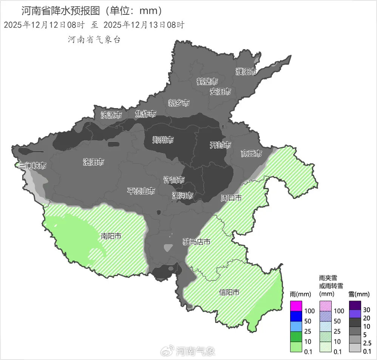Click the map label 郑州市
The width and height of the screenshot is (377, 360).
pyautogui.click(x=163, y=140)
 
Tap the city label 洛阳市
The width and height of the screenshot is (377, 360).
pyautogui.click(x=93, y=162)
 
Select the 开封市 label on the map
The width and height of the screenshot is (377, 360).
pyautogui.click(x=220, y=145)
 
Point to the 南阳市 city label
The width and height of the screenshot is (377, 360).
pyautogui.click(x=111, y=236)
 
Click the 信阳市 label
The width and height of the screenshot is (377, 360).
pyautogui.click(x=229, y=292)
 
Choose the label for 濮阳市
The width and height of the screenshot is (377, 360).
pyautogui.click(x=246, y=71)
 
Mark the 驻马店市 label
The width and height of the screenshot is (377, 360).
pyautogui.click(x=196, y=242)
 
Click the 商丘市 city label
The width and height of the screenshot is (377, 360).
pyautogui.click(x=252, y=154)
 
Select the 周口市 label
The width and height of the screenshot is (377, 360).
pyautogui.click(x=231, y=198)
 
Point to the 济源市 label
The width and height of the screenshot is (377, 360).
pyautogui.click(x=111, y=115)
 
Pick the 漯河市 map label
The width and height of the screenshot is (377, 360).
pyautogui.click(x=182, y=196)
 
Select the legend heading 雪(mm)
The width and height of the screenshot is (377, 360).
pyautogui.click(x=357, y=293)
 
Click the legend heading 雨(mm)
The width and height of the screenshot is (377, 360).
pyautogui.click(x=298, y=293)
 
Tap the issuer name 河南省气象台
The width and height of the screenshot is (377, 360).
pyautogui.click(x=94, y=40)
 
